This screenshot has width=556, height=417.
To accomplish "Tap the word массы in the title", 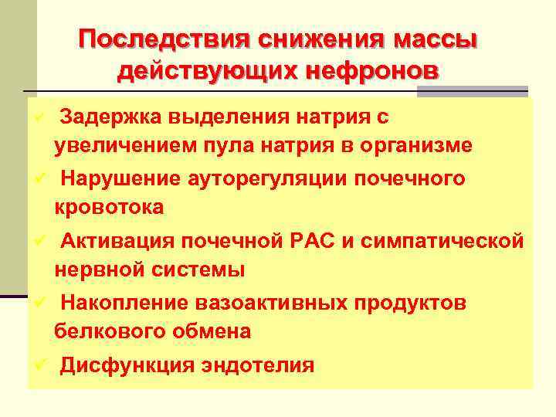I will pos(436,39).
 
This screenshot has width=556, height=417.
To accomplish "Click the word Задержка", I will pos(110,117).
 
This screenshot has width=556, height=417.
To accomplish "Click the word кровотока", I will pos(109,207).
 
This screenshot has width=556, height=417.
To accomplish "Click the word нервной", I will pos(96,270).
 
